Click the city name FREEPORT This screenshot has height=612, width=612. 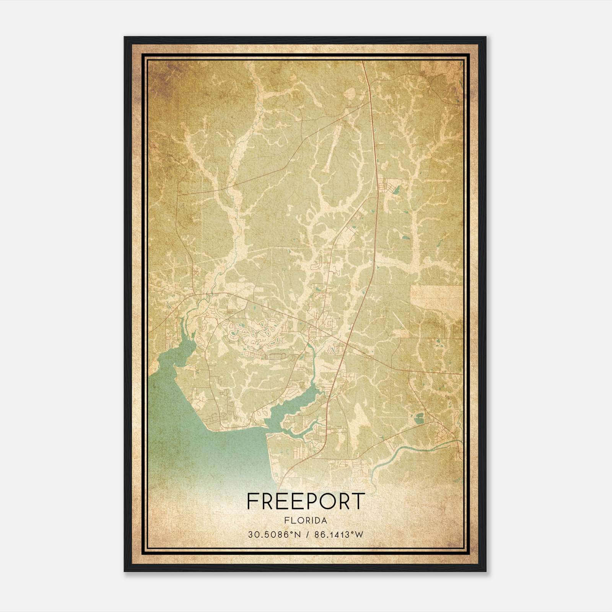(x=305, y=501)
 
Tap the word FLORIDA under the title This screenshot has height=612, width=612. (x=305, y=521)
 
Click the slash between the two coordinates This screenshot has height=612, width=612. (x=307, y=535)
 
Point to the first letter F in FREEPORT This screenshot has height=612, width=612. (x=253, y=501)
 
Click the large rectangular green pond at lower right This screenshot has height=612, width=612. (x=420, y=418)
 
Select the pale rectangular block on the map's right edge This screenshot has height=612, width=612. (x=436, y=297)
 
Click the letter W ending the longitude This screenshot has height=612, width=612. (x=359, y=535)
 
